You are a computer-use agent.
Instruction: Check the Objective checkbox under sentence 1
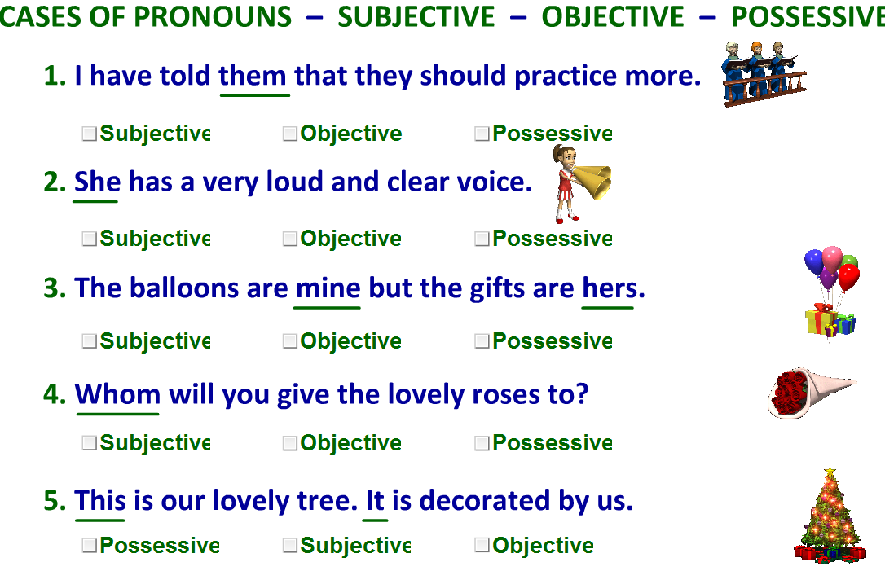[x=290, y=134]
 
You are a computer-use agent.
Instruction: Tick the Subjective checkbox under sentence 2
[x=90, y=239]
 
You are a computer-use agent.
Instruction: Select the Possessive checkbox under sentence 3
[x=482, y=341]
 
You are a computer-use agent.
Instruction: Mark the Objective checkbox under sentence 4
[x=290, y=443]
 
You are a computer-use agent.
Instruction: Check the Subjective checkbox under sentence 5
[x=290, y=546]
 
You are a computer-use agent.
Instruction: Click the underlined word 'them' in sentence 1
[x=253, y=77]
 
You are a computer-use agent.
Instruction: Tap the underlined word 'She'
[x=97, y=182]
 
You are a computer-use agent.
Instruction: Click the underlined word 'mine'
[x=328, y=288]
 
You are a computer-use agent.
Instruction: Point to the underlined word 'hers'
[x=608, y=288]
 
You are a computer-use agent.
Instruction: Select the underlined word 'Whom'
[x=117, y=395]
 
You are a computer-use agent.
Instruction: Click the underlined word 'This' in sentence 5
[x=100, y=500]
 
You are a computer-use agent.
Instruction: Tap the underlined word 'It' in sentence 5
[x=375, y=500]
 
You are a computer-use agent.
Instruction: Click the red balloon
[x=848, y=277]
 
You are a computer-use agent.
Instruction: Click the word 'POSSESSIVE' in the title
[x=807, y=16]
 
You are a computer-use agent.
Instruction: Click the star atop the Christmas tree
[x=830, y=471]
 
